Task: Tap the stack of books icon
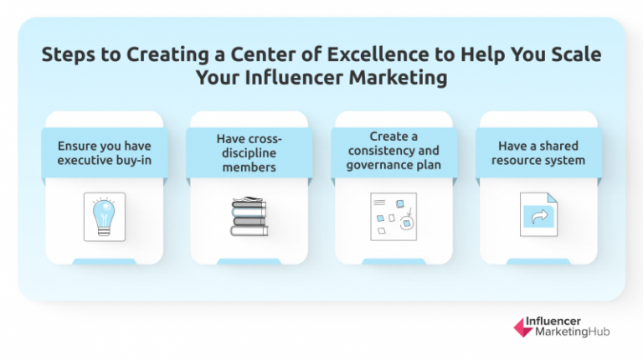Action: point(249,216)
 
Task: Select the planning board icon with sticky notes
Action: point(394,218)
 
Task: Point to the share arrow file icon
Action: point(537,217)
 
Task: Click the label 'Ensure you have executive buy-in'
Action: point(105,152)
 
